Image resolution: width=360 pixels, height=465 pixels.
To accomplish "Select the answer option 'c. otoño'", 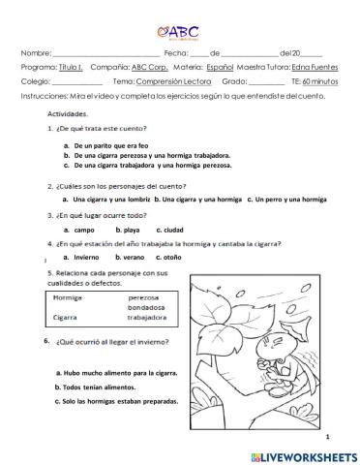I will click(x=174, y=258).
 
